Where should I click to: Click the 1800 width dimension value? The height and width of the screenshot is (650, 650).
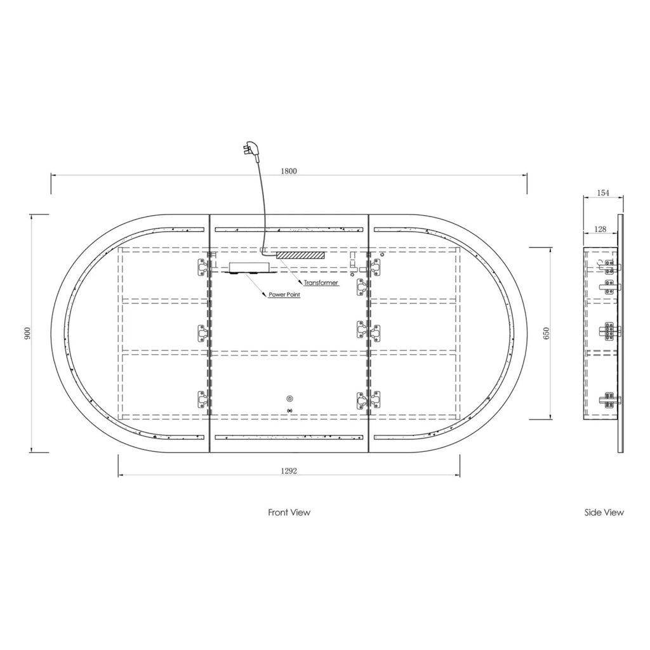point(289,171)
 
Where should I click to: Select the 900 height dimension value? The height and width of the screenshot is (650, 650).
point(27,333)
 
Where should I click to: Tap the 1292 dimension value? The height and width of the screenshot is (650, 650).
point(289,470)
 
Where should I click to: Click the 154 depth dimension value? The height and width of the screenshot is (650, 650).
point(603,192)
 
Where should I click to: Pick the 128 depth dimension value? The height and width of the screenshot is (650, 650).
point(600,229)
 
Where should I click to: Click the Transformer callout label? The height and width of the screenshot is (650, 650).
point(321,282)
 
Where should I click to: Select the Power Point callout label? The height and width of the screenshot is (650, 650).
point(284,295)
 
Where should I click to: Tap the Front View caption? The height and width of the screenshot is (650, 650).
point(289,512)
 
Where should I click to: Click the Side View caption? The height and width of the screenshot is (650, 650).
point(604,512)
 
